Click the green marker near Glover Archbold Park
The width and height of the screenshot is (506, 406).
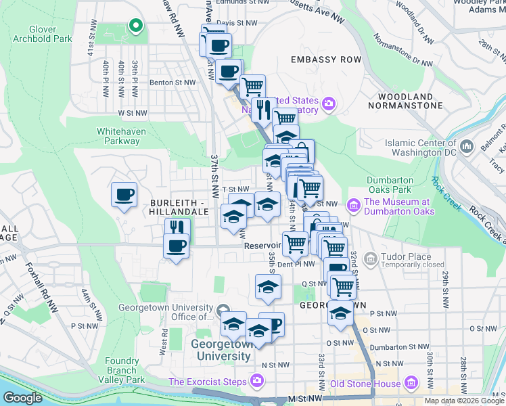[135, 26]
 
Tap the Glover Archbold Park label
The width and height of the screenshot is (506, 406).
[42, 34]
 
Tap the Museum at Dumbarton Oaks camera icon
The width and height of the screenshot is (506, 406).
[352, 205]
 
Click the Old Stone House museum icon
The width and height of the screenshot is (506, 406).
[410, 384]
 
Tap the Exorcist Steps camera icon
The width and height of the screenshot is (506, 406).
[256, 382]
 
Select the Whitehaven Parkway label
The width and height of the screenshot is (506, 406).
[118, 136]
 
